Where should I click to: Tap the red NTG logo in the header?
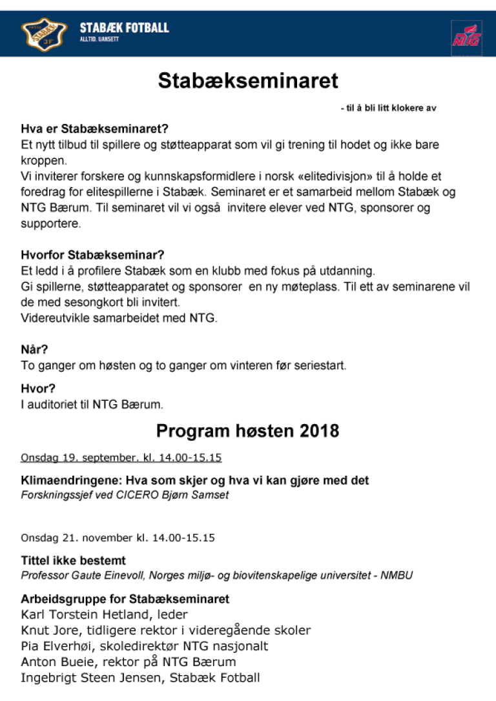coord(466,36)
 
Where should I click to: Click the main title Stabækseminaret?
coord(248,81)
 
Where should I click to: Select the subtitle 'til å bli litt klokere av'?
coord(388,108)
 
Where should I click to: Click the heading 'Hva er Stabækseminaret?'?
coord(94,128)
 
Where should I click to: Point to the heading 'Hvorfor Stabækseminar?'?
coord(92,255)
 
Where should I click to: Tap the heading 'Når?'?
coord(34,350)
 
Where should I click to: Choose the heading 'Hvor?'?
coord(38,389)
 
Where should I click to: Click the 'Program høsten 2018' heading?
coord(247,431)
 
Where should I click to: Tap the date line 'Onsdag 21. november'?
coord(76,537)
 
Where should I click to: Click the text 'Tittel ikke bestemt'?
coord(73,560)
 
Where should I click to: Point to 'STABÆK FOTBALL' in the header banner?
coord(124,28)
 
